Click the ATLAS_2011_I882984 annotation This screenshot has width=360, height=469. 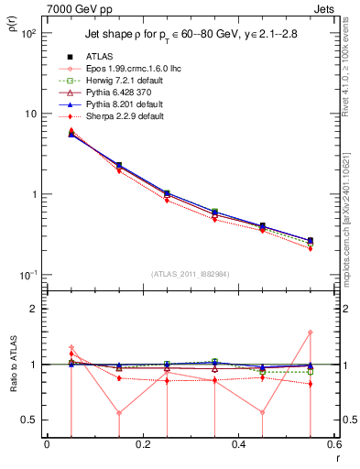[190, 272]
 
